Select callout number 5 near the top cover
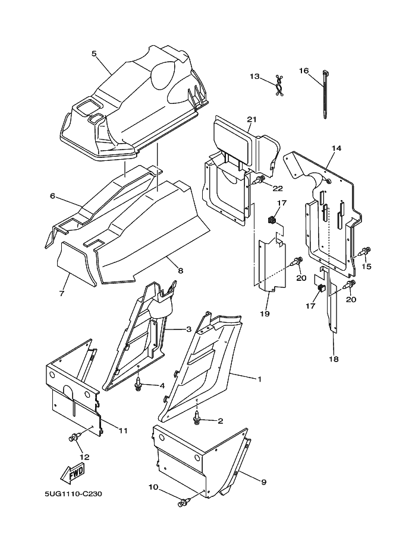[94, 53]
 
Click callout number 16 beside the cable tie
[304, 71]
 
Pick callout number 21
[251, 120]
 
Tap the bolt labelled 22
[259, 179]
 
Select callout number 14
[337, 147]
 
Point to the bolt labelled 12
[74, 438]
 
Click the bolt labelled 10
[183, 503]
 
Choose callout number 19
[265, 313]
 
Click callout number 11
[123, 430]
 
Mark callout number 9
[263, 481]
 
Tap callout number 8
[180, 271]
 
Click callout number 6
[52, 195]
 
